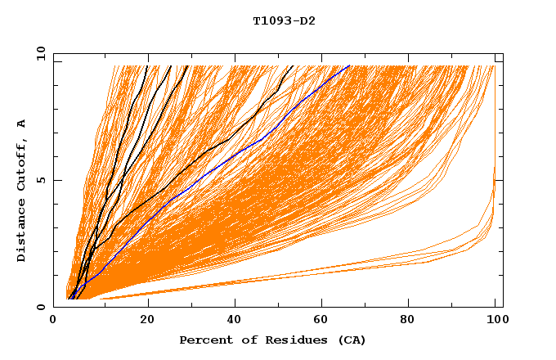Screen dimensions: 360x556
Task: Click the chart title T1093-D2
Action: point(284,21)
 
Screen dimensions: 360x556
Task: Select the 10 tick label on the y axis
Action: point(39,54)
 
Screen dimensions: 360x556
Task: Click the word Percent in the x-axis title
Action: point(202,340)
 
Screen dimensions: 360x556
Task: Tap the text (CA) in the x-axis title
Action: point(350,340)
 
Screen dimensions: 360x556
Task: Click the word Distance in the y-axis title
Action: point(22,230)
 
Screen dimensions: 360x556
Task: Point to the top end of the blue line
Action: point(349,65)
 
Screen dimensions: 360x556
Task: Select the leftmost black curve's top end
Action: point(147,65)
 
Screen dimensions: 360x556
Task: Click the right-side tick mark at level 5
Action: point(499,180)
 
